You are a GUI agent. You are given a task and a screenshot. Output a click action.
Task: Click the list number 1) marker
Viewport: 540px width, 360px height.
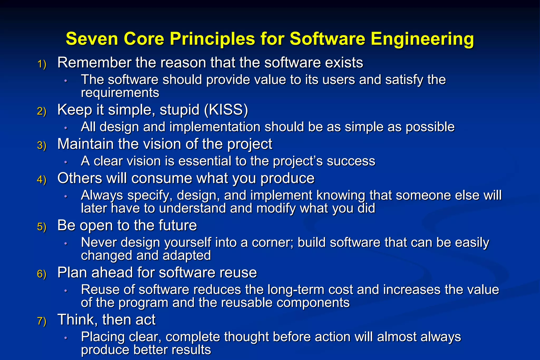click(42, 64)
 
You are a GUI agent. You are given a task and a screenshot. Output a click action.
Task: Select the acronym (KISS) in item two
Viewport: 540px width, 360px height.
click(226, 110)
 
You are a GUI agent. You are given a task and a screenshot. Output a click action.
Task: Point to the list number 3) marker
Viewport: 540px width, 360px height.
click(42, 145)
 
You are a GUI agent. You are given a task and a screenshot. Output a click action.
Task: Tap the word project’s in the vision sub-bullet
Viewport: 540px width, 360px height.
click(298, 161)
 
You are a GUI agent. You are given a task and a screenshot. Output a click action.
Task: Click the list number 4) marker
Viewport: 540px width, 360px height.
click(42, 180)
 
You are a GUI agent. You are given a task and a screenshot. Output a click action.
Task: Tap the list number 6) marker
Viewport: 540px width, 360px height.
click(42, 274)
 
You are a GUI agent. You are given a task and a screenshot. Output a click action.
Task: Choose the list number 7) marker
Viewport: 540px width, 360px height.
click(42, 321)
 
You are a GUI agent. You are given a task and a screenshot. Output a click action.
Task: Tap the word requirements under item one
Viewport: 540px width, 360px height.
click(120, 93)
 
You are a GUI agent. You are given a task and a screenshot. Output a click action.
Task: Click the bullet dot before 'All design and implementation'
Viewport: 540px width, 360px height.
click(66, 128)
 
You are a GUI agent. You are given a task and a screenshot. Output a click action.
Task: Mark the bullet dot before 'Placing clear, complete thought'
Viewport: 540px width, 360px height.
click(66, 338)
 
